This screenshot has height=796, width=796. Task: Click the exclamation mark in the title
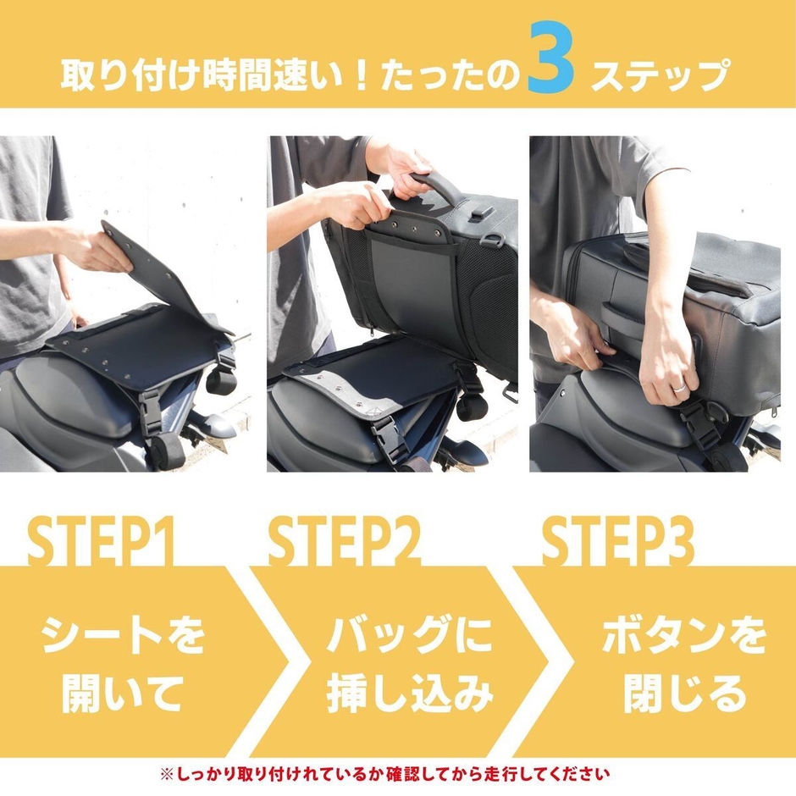(359, 77)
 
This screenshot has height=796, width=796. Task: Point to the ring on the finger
(678, 386)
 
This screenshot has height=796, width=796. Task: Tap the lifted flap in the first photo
(161, 271)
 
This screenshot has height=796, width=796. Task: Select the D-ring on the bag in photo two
(494, 240)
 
